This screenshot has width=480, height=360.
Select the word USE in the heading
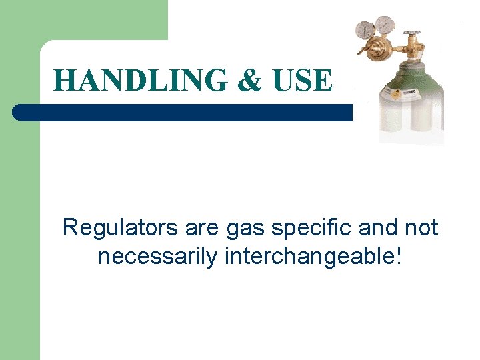tap(301, 81)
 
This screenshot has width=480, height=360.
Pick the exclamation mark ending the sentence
tap(398, 256)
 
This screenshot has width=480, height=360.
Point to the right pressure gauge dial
tap(385, 25)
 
